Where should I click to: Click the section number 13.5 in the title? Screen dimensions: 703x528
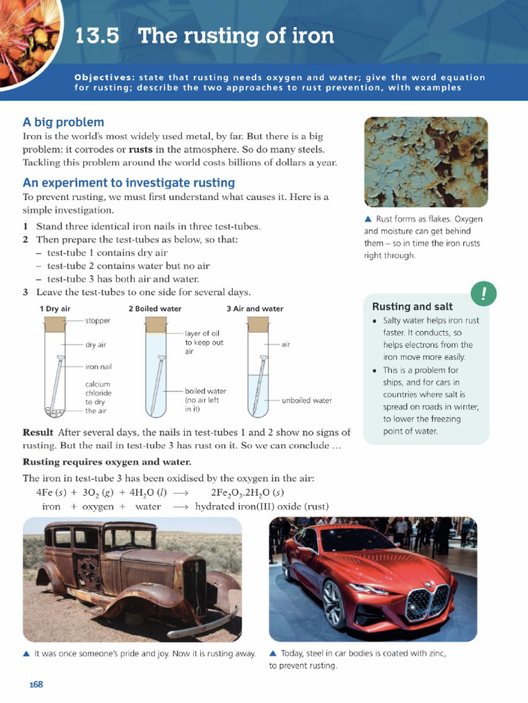coord(97,36)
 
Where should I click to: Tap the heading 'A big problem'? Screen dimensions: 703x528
coord(63,122)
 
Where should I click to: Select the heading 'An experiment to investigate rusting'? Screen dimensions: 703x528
coord(129,183)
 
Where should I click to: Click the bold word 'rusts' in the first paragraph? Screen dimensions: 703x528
coord(141,149)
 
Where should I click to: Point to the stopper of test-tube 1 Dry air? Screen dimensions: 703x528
coord(54,321)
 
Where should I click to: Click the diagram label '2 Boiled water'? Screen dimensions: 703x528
coord(155,309)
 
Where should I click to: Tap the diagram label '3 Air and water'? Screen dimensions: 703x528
coord(254,309)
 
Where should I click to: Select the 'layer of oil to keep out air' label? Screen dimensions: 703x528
coord(204,342)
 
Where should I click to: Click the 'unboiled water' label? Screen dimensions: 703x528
coord(307,400)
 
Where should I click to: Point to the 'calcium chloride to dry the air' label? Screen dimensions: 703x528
coord(98,397)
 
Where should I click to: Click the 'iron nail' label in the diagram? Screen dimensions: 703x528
coord(98,367)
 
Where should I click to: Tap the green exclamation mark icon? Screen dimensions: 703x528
coord(483,294)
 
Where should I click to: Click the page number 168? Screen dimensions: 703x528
coord(36,684)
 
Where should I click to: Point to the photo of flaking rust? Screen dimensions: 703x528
coord(426,162)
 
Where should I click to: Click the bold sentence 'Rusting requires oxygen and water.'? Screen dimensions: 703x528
coord(107,462)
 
